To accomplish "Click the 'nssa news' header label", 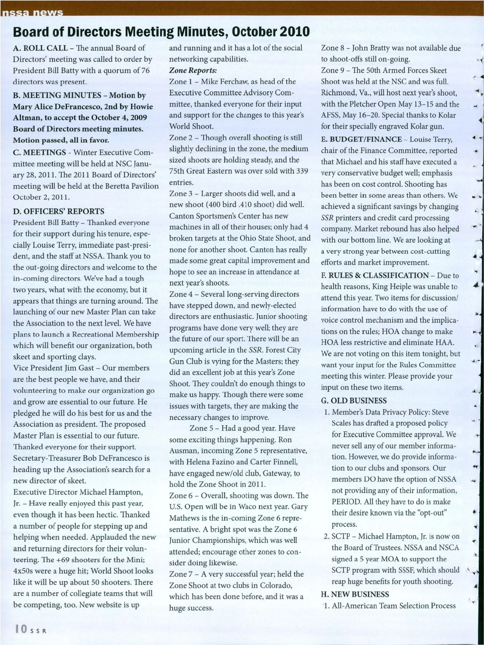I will (32, 12).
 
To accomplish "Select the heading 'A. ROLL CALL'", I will (40, 48).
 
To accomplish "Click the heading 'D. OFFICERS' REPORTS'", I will (58, 211).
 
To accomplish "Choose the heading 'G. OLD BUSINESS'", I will (354, 401).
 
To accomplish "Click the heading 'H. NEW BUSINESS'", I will (355, 594).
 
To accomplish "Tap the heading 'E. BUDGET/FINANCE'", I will (361, 139).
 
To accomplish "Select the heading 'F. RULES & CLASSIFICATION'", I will (375, 275).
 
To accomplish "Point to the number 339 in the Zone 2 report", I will (302, 171).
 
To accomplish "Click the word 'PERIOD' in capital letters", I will (346, 502).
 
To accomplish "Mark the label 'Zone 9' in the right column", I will (333, 71).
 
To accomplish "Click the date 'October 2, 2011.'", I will (41, 197).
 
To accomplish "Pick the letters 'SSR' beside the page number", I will (39, 631).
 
